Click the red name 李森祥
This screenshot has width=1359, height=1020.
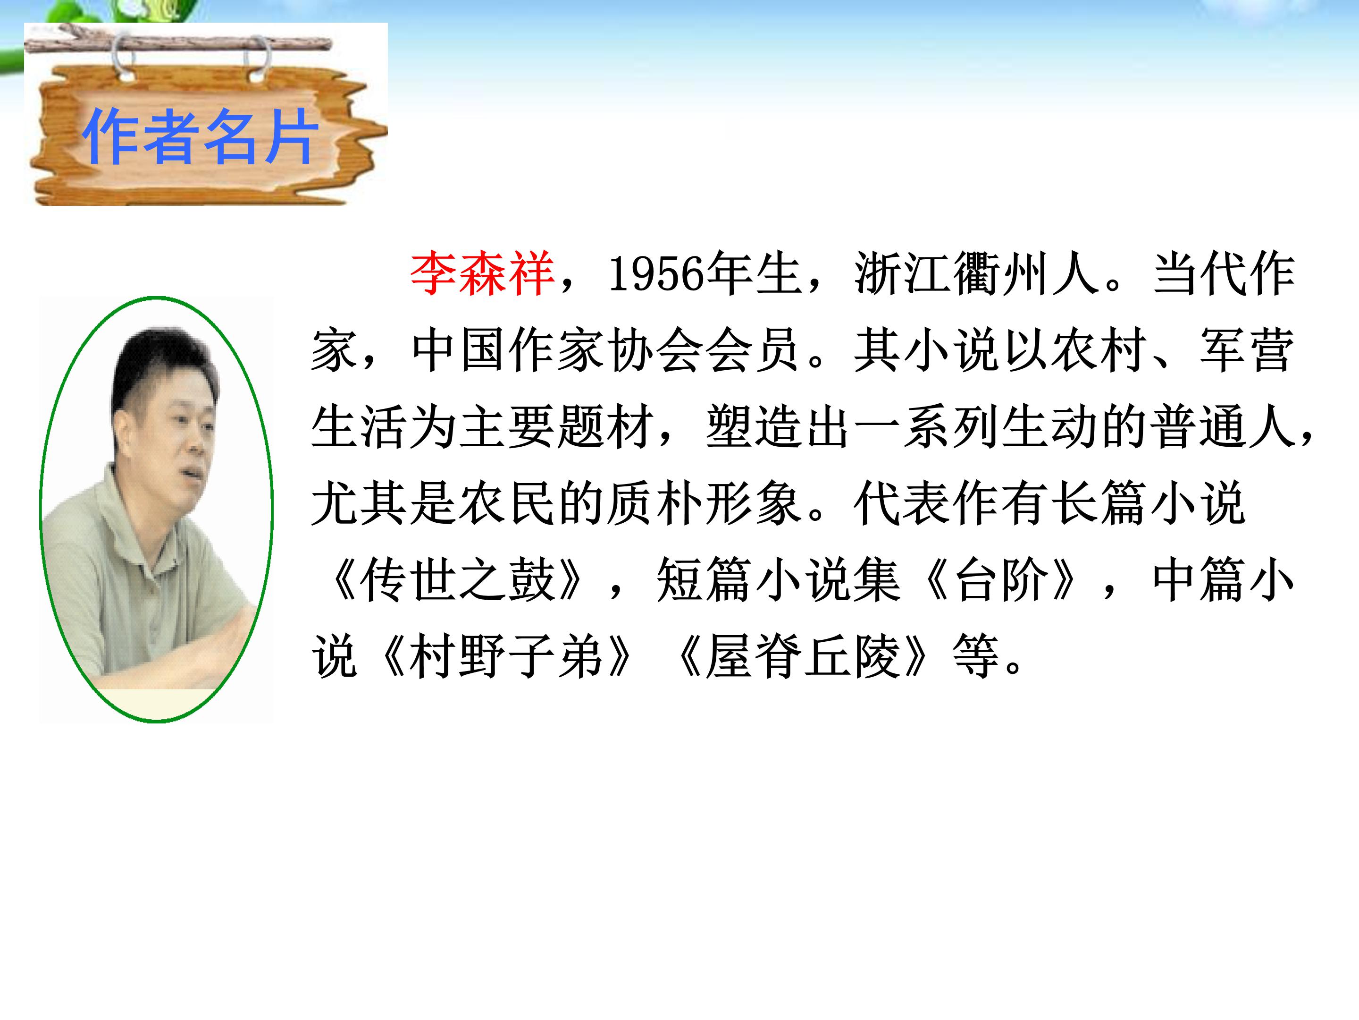coord(483,273)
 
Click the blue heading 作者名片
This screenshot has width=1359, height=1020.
coord(200,136)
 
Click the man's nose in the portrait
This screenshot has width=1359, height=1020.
coord(196,444)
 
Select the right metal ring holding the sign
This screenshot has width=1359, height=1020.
coord(258,59)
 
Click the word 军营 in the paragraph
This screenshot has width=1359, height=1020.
coord(1247,350)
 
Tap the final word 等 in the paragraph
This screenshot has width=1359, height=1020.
coord(976,657)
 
